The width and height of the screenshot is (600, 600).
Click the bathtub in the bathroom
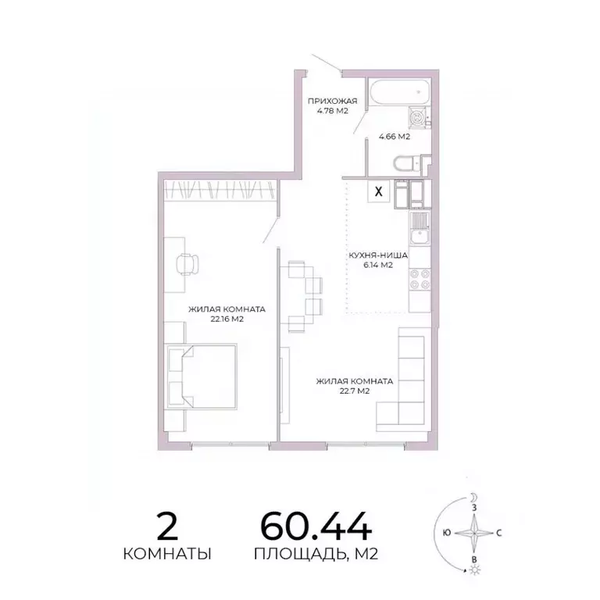tap(398, 94)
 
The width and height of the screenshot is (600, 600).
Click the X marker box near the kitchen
tap(379, 191)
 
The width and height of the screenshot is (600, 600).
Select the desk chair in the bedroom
tap(187, 264)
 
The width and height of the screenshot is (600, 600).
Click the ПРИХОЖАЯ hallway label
tap(332, 101)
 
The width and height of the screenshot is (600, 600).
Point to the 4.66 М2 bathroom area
tap(395, 137)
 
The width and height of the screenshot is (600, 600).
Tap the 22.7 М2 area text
tap(353, 391)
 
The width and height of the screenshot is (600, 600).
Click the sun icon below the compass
tap(473, 571)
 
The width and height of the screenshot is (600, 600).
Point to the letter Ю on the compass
tap(445, 534)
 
